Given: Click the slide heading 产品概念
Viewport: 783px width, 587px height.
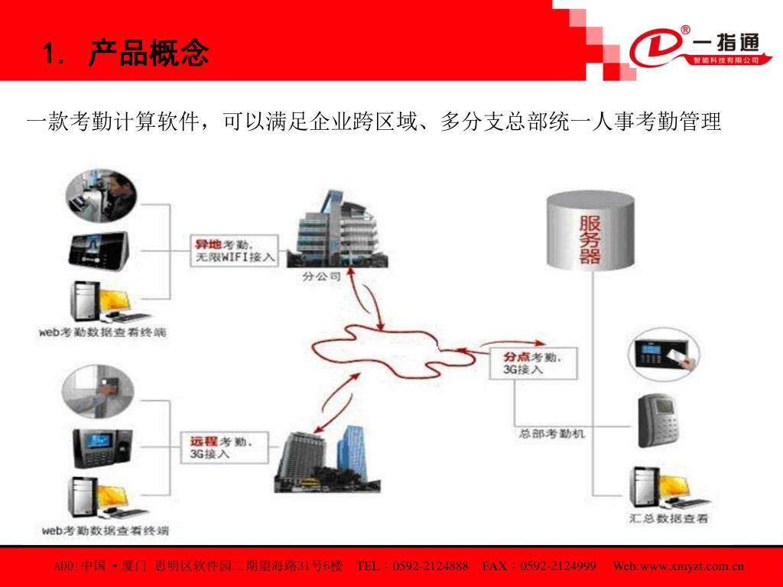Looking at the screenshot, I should pyautogui.click(x=148, y=54).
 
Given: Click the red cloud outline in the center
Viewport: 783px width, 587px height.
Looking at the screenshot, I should pyautogui.click(x=406, y=348).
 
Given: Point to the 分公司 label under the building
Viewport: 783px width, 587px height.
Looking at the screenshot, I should pyautogui.click(x=322, y=277).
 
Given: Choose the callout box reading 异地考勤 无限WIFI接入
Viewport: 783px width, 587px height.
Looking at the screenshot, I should pyautogui.click(x=235, y=251).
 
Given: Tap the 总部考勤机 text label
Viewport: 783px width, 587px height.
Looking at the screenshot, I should pyautogui.click(x=552, y=433).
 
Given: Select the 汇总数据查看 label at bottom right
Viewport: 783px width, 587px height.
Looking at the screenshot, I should pyautogui.click(x=669, y=519).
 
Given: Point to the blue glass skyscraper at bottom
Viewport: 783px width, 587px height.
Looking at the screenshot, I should pyautogui.click(x=354, y=454).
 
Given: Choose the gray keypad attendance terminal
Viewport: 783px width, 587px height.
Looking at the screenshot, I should pyautogui.click(x=658, y=420).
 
